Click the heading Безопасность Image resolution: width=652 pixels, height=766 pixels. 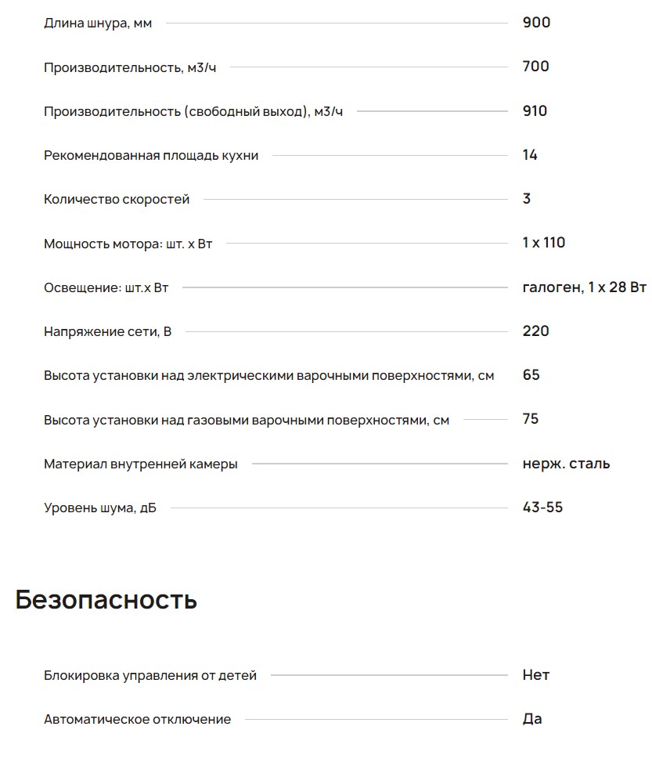pos(106,600)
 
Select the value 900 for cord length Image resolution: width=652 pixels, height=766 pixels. pos(536,23)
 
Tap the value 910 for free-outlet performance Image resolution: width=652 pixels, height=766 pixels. pos(535,111)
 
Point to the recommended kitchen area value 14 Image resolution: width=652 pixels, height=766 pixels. pos(530,155)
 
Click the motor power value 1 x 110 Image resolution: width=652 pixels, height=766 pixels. pos(543,243)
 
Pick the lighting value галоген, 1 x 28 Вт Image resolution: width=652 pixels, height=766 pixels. pos(584,287)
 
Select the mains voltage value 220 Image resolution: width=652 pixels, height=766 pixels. pos(535,331)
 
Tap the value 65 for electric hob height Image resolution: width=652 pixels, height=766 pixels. pos(531,375)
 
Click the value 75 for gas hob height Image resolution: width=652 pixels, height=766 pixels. pos(530,419)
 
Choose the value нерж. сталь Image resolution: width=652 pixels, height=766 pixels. pos(566,464)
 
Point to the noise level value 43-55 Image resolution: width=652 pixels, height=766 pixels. pos(542,508)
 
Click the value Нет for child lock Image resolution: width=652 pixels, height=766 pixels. pos(535,674)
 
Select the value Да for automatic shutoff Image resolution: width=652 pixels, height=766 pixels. pos(531,719)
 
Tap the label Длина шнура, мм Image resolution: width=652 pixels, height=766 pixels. pos(98,23)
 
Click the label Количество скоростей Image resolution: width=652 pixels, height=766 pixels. pos(117,200)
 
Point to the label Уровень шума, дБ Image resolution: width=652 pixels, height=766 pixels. pos(100,508)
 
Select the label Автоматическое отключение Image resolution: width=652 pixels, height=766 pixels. pos(137,720)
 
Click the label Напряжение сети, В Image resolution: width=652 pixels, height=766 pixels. pos(107,332)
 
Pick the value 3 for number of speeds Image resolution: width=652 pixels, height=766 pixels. pos(526,199)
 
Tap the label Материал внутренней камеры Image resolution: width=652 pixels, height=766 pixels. pos(141,464)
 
